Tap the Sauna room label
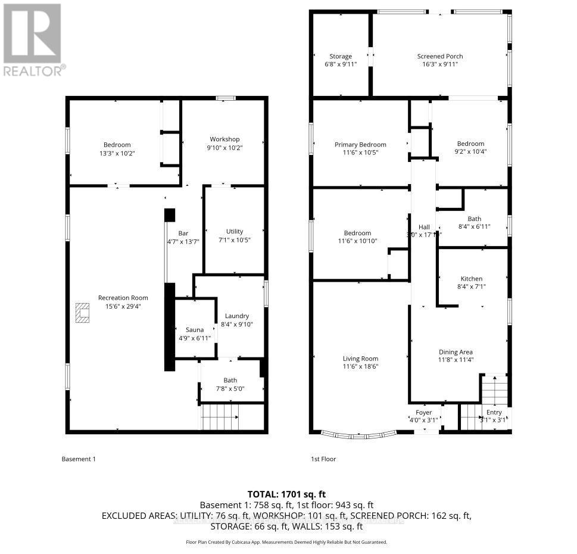click(195, 329)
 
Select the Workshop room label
click(224, 139)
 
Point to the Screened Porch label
click(439, 57)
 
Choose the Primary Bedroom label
click(360, 145)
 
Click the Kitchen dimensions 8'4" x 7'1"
click(472, 287)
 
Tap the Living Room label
click(360, 359)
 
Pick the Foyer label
click(423, 412)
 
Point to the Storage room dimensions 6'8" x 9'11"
click(341, 64)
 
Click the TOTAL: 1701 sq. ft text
click(287, 494)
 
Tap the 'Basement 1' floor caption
click(79, 459)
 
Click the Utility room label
click(234, 232)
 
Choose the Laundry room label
click(236, 316)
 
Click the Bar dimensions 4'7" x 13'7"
click(183, 242)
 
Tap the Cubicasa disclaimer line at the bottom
click(287, 542)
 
